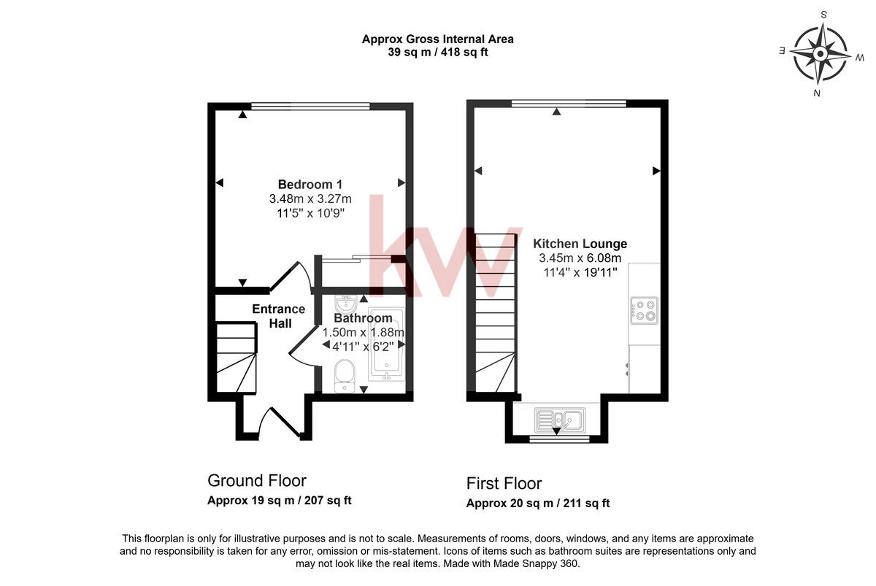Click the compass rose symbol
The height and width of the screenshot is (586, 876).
tap(820, 54)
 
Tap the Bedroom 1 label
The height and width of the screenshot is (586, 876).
tap(310, 184)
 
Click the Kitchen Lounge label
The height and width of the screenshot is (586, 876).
tap(580, 244)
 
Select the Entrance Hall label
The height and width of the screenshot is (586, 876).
tap(278, 316)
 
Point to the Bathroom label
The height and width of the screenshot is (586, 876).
tap(363, 318)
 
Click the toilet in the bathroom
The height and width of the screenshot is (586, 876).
tap(344, 377)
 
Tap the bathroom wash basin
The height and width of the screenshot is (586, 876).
tap(346, 303)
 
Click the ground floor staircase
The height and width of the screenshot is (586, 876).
tap(236, 358)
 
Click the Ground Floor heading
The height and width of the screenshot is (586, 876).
tap(257, 480)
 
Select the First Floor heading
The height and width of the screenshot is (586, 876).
tap(504, 483)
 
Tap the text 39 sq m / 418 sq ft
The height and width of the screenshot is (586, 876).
tap(437, 52)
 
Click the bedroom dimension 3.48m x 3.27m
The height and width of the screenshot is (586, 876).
tap(310, 198)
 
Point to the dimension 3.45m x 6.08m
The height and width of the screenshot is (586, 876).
tap(580, 258)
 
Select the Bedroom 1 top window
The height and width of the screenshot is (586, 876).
tap(310, 106)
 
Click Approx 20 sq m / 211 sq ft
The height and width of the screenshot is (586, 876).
tap(538, 503)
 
